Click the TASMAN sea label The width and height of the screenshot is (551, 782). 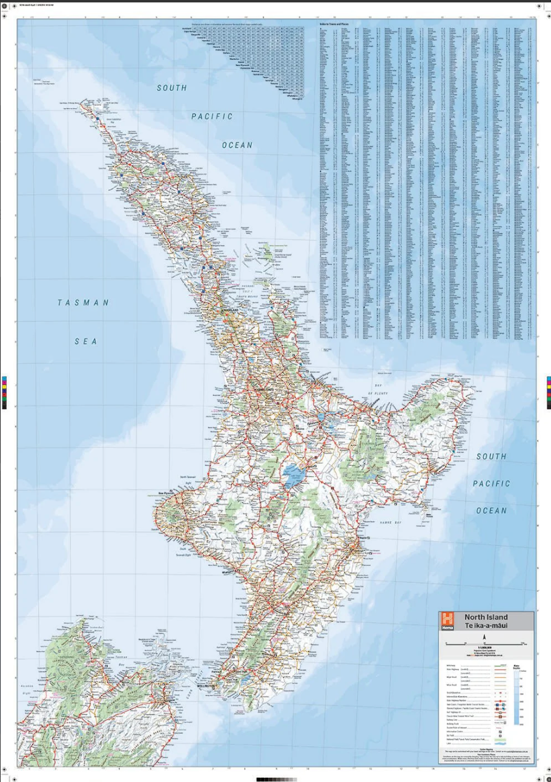tap(84, 303)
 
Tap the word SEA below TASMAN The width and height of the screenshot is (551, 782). tap(86, 341)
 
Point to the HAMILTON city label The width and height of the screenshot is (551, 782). tap(265, 389)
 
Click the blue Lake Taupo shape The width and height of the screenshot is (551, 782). tap(294, 475)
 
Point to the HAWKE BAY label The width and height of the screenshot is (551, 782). tap(391, 522)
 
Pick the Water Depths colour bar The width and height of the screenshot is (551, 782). tap(516, 696)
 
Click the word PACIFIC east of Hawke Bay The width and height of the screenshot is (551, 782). tap(491, 484)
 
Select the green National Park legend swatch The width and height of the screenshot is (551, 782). tap(500, 740)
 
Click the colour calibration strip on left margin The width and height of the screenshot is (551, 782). tap(4, 392)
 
